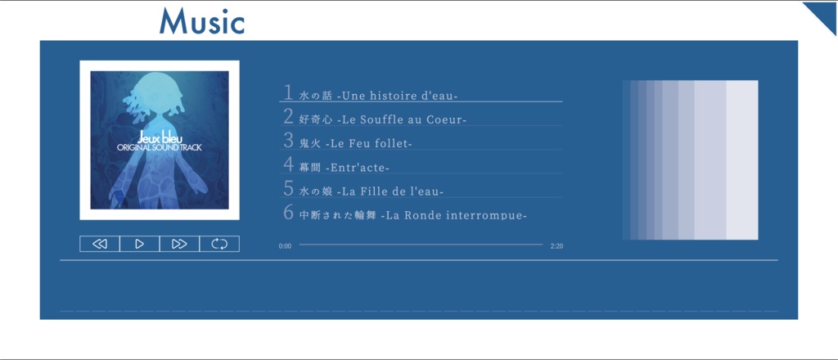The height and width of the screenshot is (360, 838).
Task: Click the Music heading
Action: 202,21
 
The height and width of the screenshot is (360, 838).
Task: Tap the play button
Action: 140,244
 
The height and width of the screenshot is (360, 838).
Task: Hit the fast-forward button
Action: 180,244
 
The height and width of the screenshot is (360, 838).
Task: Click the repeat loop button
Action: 219,244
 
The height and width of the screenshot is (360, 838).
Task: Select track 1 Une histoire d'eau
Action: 378,96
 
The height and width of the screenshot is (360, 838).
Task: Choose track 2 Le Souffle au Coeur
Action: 383,119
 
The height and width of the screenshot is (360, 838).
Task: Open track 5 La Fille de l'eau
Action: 372,191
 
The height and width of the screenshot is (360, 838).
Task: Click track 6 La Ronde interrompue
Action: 412,215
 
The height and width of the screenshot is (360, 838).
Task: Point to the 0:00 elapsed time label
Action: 285,245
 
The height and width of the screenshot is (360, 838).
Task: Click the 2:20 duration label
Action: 556,245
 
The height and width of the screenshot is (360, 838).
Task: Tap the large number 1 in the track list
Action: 288,92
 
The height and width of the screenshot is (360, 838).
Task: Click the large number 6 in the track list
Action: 288,213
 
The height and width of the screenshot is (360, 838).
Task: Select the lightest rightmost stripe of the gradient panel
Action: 741,160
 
